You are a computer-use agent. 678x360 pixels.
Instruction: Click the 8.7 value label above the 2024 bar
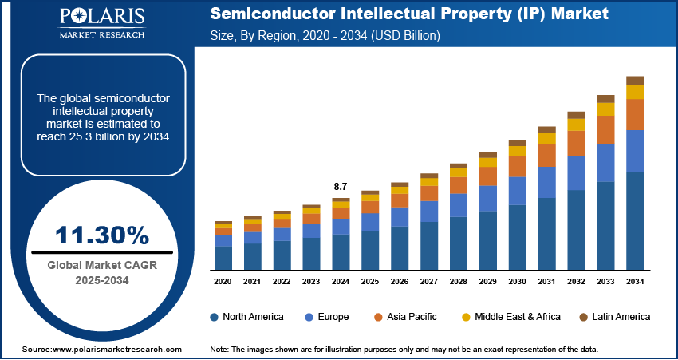(341, 187)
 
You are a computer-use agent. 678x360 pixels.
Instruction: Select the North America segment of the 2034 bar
(635, 220)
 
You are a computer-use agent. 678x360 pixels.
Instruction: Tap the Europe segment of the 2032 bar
(576, 172)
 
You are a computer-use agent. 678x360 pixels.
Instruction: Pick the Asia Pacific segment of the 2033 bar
(605, 129)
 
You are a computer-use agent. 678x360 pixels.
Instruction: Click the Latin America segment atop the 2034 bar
(635, 80)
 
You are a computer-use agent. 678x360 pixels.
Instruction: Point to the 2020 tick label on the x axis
(223, 281)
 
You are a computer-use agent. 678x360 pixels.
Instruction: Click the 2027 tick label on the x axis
(429, 281)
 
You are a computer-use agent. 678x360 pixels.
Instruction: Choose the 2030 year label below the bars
(518, 281)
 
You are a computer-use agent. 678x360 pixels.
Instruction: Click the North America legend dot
(215, 317)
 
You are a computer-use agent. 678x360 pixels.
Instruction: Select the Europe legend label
(333, 317)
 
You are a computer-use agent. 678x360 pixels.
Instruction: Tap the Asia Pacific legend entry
(410, 317)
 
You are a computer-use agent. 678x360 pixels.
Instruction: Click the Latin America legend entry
(618, 317)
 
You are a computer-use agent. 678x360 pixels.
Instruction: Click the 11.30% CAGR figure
(102, 235)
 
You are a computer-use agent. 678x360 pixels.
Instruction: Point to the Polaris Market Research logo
(101, 24)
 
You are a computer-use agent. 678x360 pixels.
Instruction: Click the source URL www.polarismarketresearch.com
(117, 350)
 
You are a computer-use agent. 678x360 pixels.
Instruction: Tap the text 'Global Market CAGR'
(101, 266)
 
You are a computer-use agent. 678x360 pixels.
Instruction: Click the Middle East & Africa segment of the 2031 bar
(546, 138)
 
